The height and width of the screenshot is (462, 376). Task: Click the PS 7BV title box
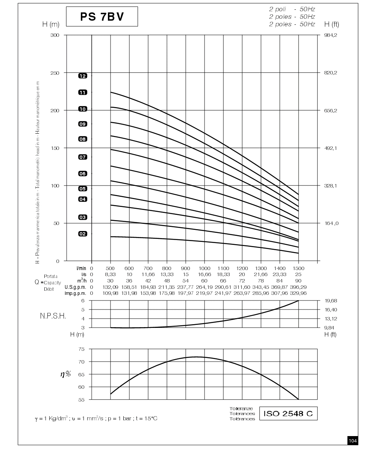click(x=102, y=17)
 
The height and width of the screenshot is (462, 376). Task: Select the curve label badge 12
click(x=83, y=76)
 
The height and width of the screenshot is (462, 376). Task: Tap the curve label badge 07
click(x=83, y=157)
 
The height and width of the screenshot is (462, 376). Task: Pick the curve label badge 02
click(x=83, y=234)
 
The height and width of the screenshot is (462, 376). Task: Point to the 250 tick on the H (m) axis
click(x=55, y=73)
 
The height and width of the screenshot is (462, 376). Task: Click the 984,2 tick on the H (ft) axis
click(x=331, y=35)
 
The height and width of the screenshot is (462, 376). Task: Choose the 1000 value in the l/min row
click(x=205, y=268)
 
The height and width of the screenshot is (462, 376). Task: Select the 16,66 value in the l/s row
click(x=205, y=274)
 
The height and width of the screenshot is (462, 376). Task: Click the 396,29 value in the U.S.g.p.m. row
click(x=298, y=287)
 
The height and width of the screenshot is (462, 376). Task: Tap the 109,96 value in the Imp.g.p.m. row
click(x=110, y=293)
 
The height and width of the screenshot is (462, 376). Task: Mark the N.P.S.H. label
click(x=53, y=316)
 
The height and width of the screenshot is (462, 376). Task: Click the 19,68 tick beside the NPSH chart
click(x=331, y=300)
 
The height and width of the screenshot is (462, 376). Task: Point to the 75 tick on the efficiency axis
click(x=82, y=349)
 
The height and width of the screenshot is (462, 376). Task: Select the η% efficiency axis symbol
click(x=65, y=374)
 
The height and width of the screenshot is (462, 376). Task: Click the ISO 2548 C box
click(x=288, y=414)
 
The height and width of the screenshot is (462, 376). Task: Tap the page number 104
click(x=353, y=441)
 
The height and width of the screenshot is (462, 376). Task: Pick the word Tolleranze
click(x=241, y=409)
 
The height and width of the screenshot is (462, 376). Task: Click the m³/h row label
click(x=82, y=281)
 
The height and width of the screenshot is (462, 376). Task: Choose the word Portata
click(x=51, y=276)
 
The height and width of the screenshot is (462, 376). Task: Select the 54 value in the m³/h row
click(x=186, y=281)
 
